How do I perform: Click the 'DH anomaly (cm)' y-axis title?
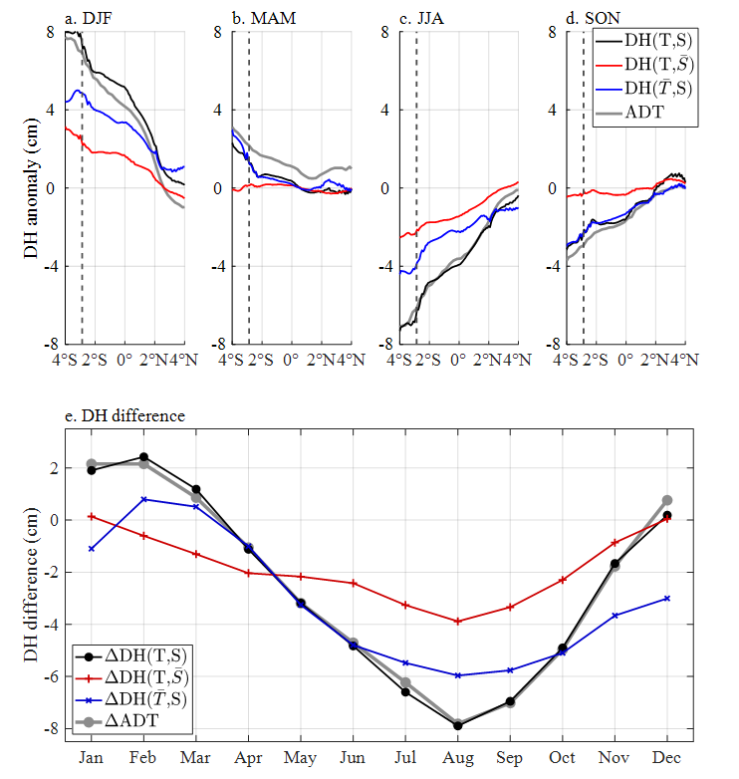[x=31, y=187]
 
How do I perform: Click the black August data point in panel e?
[x=458, y=726]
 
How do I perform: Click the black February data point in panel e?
[x=144, y=457]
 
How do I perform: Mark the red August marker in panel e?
[x=458, y=622]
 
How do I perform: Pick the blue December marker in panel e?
[x=667, y=599]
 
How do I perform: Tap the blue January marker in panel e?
[x=92, y=549]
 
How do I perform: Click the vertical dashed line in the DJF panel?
[x=82, y=249]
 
